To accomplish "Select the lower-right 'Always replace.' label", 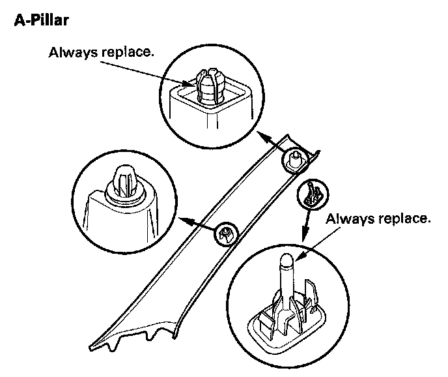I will point(379,218).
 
